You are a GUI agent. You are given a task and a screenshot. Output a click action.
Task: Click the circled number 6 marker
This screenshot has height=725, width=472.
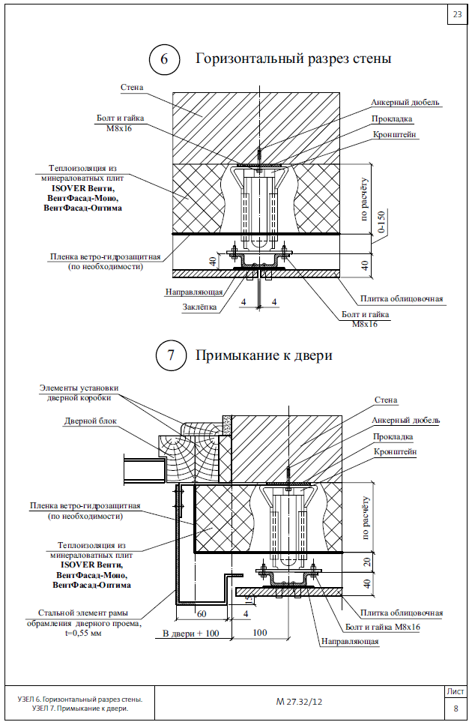(x=164, y=59)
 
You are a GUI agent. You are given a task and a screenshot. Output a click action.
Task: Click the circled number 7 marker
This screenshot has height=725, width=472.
(x=171, y=355)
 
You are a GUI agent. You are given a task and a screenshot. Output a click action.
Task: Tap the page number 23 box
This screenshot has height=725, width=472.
(x=457, y=15)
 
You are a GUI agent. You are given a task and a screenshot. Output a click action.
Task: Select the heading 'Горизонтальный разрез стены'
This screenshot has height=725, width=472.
(x=294, y=58)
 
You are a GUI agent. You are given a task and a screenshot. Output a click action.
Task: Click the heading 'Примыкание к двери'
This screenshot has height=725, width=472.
(x=264, y=355)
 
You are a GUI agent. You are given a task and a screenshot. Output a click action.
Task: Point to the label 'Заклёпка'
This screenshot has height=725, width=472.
(x=199, y=307)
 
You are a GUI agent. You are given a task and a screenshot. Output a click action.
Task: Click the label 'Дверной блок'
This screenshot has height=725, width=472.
(x=91, y=421)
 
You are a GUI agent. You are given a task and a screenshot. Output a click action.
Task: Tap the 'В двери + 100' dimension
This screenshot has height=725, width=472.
(x=191, y=633)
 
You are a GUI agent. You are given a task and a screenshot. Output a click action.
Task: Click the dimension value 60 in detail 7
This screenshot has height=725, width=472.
(x=202, y=614)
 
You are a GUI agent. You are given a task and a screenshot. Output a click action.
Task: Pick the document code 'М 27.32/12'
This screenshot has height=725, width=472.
(x=299, y=702)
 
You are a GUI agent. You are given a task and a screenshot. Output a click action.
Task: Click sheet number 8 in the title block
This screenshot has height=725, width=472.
(x=456, y=708)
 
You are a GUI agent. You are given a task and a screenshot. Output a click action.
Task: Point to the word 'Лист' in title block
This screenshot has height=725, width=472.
(x=456, y=692)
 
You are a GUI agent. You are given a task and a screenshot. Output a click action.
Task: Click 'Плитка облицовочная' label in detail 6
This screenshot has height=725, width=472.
(x=402, y=298)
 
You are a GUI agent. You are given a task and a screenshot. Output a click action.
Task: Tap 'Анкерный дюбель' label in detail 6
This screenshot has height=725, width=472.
(x=405, y=102)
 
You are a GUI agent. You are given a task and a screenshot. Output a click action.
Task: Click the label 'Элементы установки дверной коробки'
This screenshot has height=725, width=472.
(x=79, y=393)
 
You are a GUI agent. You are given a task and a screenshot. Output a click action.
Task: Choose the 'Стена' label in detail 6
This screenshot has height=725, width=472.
(x=132, y=87)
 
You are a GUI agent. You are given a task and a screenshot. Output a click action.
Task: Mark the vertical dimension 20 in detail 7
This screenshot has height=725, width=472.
(x=367, y=562)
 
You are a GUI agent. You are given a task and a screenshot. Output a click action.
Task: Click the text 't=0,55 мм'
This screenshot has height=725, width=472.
(x=83, y=633)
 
